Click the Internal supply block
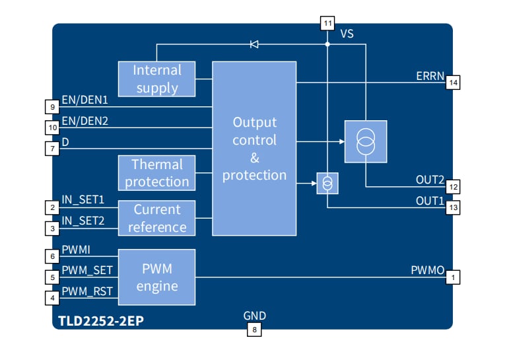(x=157, y=79)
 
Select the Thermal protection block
(x=157, y=172)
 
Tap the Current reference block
(x=157, y=218)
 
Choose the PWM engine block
(x=157, y=277)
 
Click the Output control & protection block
(x=254, y=149)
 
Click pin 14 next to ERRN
(x=453, y=83)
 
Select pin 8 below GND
(x=254, y=329)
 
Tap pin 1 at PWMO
(x=453, y=277)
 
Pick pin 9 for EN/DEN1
(x=53, y=106)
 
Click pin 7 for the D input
(x=53, y=149)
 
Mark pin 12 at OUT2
(x=453, y=186)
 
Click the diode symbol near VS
(x=254, y=44)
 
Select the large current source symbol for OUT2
(x=365, y=141)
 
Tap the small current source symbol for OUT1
(x=327, y=183)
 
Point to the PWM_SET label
(x=87, y=270)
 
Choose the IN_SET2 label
(x=83, y=221)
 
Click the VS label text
(x=347, y=33)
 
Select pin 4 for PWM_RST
(x=53, y=298)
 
